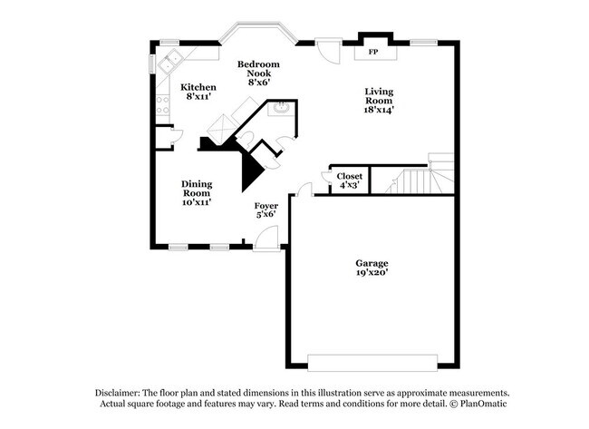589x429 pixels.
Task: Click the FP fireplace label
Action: (372, 53)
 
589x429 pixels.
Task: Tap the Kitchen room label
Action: (199, 87)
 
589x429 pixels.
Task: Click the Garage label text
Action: (372, 264)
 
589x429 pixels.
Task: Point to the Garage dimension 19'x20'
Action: (372, 273)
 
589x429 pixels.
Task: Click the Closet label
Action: (349, 176)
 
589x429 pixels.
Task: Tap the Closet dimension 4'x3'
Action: (349, 185)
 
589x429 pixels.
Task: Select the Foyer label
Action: (266, 206)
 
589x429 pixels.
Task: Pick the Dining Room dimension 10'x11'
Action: (197, 202)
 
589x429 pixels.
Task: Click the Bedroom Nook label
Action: (258, 69)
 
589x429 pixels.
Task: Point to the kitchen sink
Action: (169, 65)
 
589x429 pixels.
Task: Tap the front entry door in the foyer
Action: (266, 239)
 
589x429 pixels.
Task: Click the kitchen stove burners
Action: (163, 101)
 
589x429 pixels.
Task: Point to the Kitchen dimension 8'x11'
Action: (199, 96)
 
